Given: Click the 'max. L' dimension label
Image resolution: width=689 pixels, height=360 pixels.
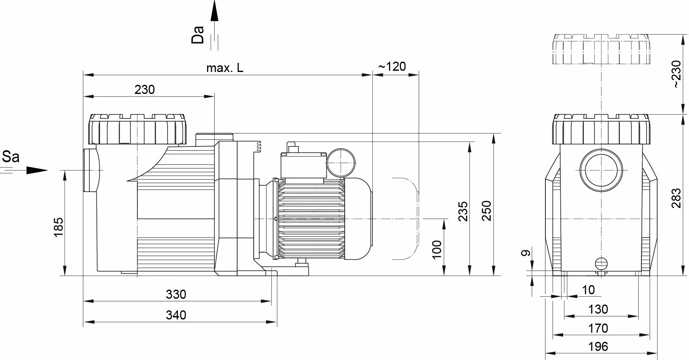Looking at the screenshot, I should click(225, 68).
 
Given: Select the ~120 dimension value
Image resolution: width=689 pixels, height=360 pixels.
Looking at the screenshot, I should click(392, 67).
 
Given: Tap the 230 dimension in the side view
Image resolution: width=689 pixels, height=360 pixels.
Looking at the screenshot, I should click(144, 89).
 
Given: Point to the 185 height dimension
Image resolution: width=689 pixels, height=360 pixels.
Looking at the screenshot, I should click(59, 227).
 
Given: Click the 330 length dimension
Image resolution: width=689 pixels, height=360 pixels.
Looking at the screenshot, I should click(176, 294).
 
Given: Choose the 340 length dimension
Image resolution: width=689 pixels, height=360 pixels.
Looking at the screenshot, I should click(176, 315).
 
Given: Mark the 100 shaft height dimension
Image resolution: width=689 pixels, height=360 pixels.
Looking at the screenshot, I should click(437, 250).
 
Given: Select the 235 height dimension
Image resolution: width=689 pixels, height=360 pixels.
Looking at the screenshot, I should click(463, 211).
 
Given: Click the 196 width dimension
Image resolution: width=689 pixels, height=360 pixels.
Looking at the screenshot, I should click(598, 346).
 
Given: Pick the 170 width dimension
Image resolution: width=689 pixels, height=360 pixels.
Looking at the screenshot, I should click(598, 328).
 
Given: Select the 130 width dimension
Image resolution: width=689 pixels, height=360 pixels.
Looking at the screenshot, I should click(598, 309).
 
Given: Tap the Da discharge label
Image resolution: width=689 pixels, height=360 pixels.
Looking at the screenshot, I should click(198, 35).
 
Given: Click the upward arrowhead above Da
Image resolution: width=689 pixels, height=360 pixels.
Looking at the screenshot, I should click(214, 10).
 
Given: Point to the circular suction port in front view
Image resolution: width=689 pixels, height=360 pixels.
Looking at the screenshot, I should click(601, 170).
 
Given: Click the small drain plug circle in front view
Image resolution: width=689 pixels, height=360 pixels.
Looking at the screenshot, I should click(601, 263).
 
